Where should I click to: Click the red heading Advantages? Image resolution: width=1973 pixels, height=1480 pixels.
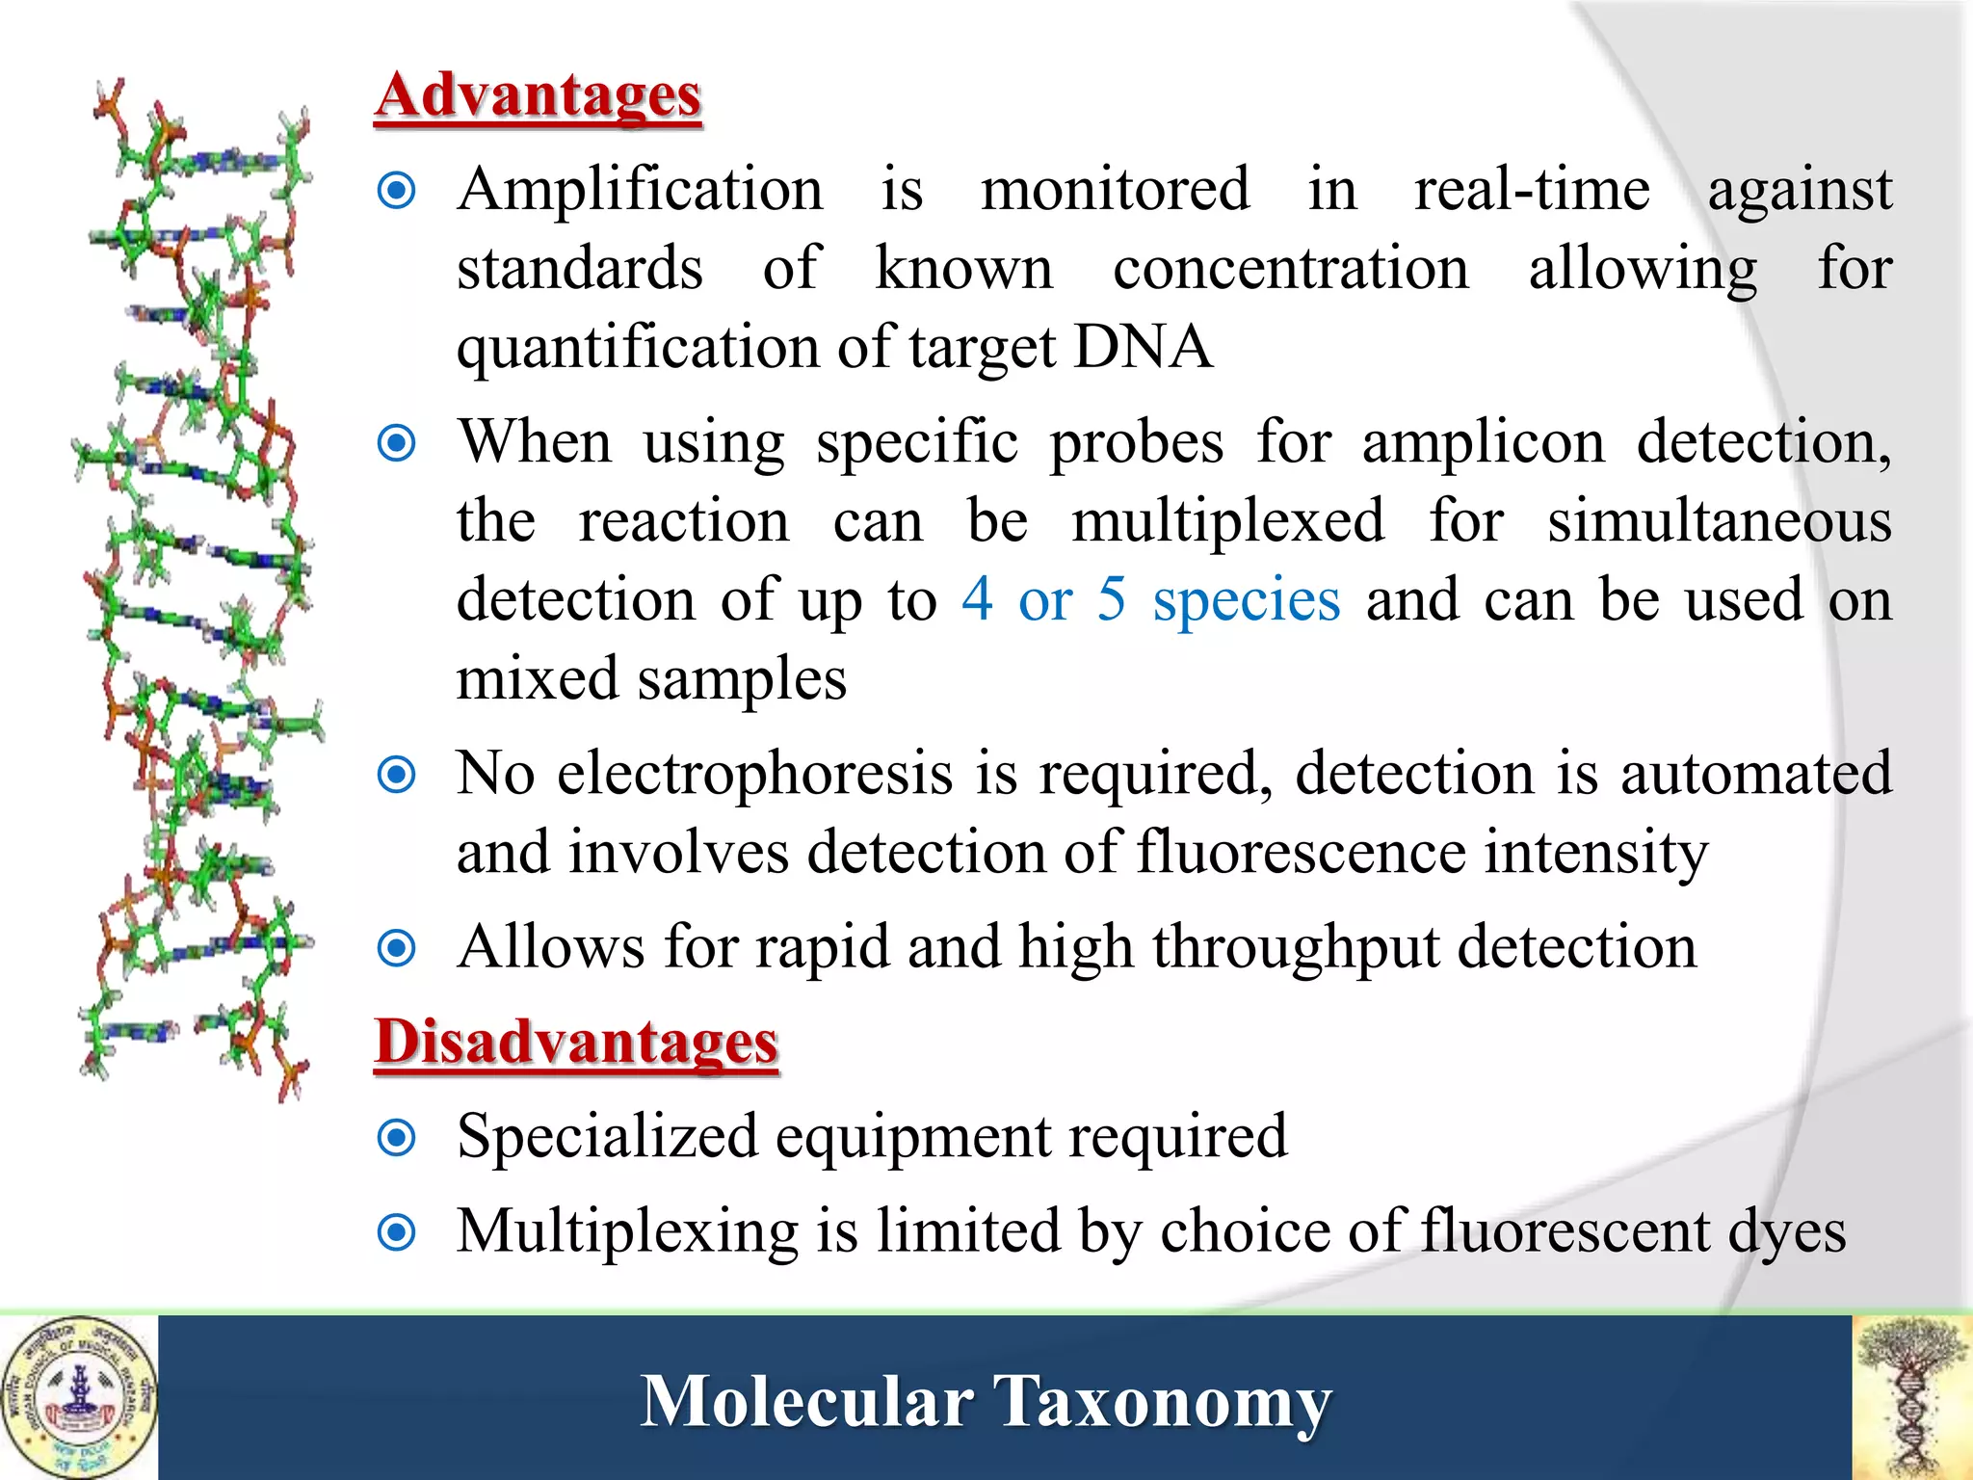pyautogui.click(x=538, y=97)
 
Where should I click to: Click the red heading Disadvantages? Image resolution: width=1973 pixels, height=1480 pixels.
pyautogui.click(x=576, y=1044)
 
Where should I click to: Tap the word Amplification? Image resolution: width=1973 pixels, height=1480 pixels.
pyautogui.click(x=641, y=189)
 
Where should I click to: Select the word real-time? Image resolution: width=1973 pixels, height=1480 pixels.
pyautogui.click(x=1532, y=189)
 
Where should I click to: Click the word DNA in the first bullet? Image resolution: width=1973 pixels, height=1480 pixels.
pyautogui.click(x=1142, y=347)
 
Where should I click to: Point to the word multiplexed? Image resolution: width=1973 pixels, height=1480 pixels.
pyautogui.click(x=1228, y=521)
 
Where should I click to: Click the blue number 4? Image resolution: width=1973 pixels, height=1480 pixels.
pyautogui.click(x=977, y=599)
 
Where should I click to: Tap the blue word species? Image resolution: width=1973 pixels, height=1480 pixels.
pyautogui.click(x=1246, y=601)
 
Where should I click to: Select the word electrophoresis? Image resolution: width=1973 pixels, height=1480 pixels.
pyautogui.click(x=754, y=774)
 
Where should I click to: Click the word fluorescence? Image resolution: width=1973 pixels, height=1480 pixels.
pyautogui.click(x=1301, y=853)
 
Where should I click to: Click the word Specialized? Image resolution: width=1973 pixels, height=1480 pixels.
pyautogui.click(x=607, y=1137)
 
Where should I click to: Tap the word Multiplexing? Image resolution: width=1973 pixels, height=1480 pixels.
pyautogui.click(x=627, y=1232)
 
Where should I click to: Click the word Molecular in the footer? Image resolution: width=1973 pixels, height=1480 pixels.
pyautogui.click(x=806, y=1402)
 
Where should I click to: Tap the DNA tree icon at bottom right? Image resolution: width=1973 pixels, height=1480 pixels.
pyautogui.click(x=1912, y=1397)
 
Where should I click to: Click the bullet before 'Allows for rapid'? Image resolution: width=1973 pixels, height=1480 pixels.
pyautogui.click(x=397, y=948)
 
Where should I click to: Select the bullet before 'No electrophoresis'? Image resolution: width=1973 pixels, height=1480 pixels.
pyautogui.click(x=397, y=774)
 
